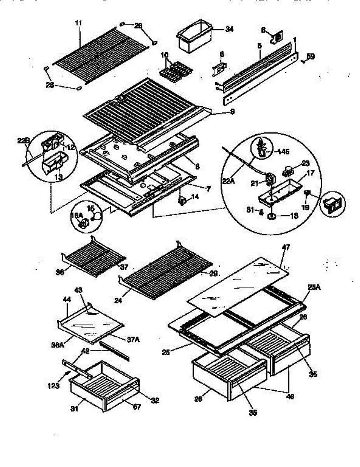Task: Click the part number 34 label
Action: (229, 29)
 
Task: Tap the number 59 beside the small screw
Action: (310, 57)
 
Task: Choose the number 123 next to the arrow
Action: (53, 386)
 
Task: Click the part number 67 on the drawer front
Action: (137, 407)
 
